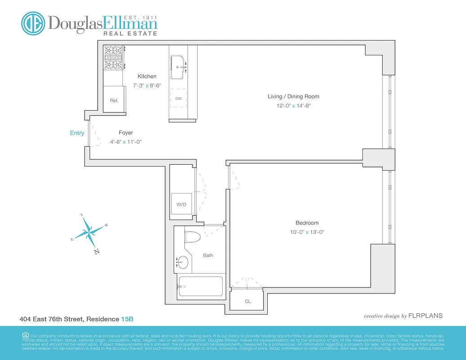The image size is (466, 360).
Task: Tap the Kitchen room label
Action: pos(147,76)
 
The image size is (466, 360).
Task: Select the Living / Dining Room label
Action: pos(293,96)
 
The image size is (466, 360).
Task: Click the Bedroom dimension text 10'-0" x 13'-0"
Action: pos(307,232)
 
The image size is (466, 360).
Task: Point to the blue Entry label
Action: pos(77,133)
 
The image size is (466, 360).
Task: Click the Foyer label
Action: pos(126,133)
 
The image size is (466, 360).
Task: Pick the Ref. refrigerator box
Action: pos(114,100)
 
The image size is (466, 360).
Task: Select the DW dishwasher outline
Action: pos(179,99)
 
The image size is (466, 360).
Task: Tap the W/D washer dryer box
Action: pos(181,204)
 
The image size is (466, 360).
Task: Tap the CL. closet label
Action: pos(248,301)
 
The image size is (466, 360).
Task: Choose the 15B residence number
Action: pos(127,319)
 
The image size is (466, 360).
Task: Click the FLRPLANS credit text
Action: pos(425,316)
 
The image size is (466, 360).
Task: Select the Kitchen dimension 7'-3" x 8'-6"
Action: pos(147,85)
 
